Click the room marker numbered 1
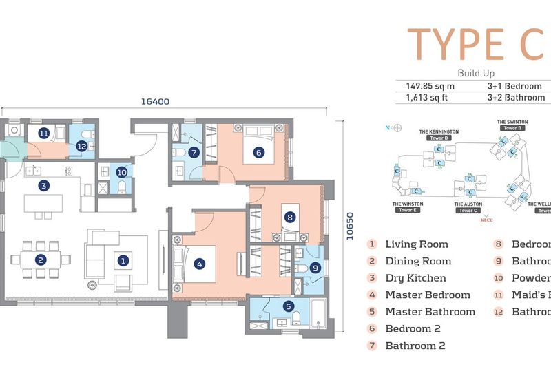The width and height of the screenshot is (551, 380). (123, 260)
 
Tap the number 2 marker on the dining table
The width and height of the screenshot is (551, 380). (41, 260)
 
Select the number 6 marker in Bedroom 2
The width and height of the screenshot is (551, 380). (258, 153)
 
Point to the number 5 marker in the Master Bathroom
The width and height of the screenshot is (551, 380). (288, 307)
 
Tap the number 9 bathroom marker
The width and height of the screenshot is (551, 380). (314, 268)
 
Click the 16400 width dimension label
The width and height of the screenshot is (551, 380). (155, 101)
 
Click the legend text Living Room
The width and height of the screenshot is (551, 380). (416, 244)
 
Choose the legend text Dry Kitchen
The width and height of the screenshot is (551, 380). (415, 278)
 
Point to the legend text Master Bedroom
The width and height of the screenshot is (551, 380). (428, 295)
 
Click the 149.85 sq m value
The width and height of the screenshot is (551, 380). (428, 86)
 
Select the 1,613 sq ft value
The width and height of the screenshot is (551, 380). (427, 98)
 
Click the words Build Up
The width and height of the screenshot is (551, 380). (476, 73)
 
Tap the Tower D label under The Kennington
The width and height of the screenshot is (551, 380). (438, 138)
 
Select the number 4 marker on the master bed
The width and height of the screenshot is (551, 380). (199, 263)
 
